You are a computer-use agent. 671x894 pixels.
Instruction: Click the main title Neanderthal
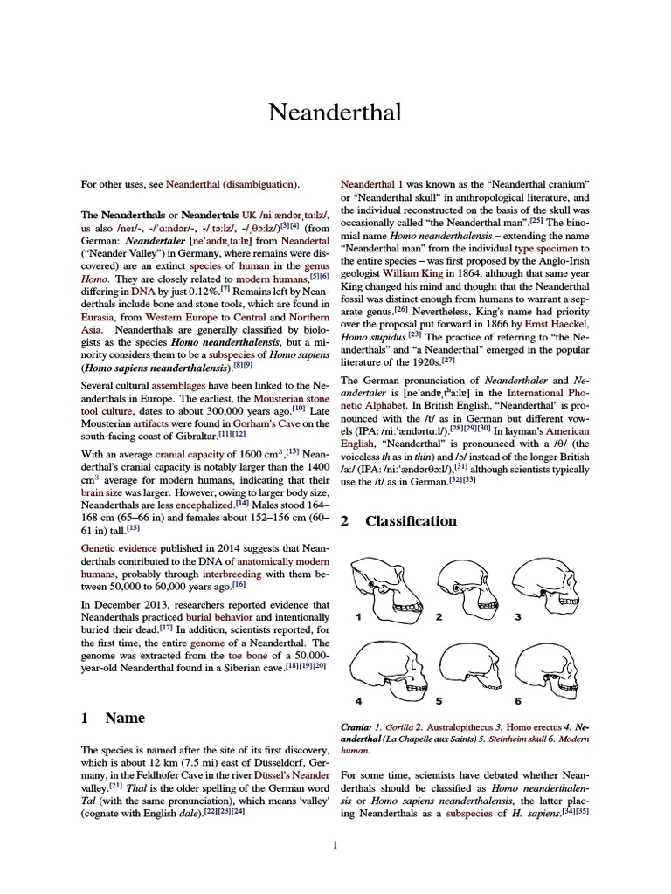click(335, 113)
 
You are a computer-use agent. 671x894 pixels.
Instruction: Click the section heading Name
click(125, 719)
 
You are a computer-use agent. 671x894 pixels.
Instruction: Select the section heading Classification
click(411, 521)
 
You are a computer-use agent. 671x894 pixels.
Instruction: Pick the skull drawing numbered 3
click(546, 585)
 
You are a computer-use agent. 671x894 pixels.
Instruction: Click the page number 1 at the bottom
click(335, 844)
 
